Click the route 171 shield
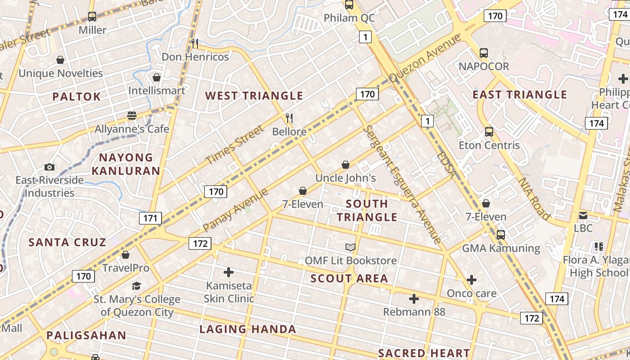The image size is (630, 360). point(150,219)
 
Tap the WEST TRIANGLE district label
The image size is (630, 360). point(254,96)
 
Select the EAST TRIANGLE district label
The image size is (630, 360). point(520,94)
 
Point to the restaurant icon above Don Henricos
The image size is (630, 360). point(195,43)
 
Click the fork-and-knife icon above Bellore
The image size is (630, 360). point(289,118)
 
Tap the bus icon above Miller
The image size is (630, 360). point(92,17)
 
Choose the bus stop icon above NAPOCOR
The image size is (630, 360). point(484,53)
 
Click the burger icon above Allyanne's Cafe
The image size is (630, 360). point(131,116)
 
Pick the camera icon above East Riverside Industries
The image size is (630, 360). point(49,167)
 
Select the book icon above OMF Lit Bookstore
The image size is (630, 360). point(351,247)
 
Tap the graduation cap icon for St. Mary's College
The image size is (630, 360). point(136,286)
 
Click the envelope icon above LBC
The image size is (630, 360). point(583,215)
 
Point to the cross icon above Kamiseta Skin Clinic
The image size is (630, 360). point(229,272)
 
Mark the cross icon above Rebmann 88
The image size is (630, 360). point(414,298)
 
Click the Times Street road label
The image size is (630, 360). point(234,145)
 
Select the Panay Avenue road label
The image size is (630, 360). point(235,210)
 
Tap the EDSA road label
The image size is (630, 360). point(446,166)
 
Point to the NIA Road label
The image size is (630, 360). point(534,198)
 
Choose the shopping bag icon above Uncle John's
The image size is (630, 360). point(346,165)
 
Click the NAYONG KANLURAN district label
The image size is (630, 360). point(126,164)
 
